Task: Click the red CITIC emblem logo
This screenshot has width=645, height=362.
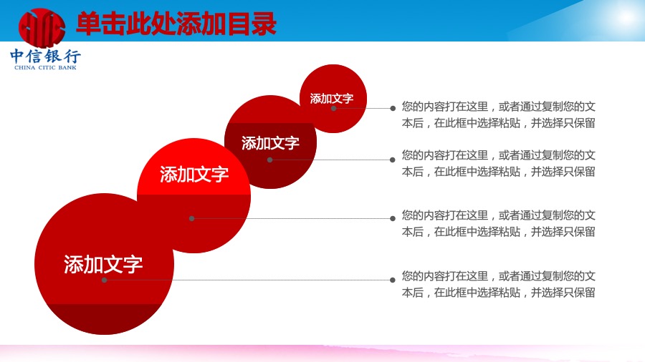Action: coord(42,27)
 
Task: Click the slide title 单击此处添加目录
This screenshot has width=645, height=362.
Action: coord(176,24)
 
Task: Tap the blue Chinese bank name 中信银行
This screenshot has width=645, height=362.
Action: coord(45,57)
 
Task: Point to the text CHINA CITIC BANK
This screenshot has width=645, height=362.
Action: coord(45,68)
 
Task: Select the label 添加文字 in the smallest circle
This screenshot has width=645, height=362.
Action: coord(332,99)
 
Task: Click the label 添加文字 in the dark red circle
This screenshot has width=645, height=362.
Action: coord(270,143)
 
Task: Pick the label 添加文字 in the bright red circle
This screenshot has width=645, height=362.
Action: coord(194,175)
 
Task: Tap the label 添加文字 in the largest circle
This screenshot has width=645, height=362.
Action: coord(103,264)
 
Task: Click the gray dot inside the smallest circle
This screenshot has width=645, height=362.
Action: coord(333,108)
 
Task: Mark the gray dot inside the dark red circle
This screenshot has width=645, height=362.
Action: coord(270,160)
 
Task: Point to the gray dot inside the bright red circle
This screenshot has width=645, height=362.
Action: coord(191,218)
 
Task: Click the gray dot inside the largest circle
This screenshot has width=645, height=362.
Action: coord(105,280)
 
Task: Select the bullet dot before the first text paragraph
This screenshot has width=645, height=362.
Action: coord(393,108)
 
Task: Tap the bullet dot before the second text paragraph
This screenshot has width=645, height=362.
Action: coord(393,160)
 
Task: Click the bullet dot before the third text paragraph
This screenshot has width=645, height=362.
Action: coord(393,218)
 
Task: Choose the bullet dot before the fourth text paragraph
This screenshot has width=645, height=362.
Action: coord(393,280)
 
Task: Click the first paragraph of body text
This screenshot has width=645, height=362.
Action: coord(499,115)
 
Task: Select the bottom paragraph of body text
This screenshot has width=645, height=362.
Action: coord(499,285)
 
